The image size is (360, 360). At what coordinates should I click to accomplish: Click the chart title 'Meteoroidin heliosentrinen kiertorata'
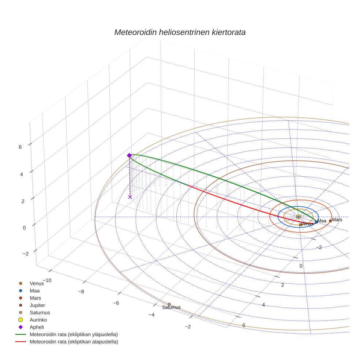coord(180,32)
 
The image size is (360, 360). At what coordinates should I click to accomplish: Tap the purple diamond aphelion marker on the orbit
coord(129,155)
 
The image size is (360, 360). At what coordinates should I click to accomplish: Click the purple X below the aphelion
coord(130,197)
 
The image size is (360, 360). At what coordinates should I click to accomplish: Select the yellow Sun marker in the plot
coord(299,217)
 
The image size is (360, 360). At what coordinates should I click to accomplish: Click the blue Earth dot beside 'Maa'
coord(316,222)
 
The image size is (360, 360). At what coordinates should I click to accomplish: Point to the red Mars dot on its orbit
coord(330,221)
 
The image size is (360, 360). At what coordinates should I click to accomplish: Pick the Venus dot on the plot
coord(300,225)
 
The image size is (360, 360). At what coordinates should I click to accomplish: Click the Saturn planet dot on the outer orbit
coord(169,304)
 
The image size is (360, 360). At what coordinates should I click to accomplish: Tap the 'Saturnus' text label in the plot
coord(172,308)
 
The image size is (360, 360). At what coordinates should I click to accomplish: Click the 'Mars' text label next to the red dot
coord(337,220)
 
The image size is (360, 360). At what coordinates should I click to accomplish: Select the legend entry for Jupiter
coord(37,305)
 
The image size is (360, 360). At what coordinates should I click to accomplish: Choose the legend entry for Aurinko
coord(38,320)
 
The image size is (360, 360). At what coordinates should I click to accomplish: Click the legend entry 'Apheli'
coord(37,327)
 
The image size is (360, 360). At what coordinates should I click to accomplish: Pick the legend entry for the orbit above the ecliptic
coord(74,334)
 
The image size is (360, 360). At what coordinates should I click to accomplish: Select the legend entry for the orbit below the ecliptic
coord(74,342)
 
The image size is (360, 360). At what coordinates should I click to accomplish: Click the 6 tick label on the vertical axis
coord(20,147)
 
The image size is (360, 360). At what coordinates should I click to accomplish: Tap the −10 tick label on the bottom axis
coord(46,280)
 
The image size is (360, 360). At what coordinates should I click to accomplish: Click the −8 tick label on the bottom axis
coord(81,292)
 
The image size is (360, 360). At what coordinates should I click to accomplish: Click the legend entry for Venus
coord(37,283)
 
